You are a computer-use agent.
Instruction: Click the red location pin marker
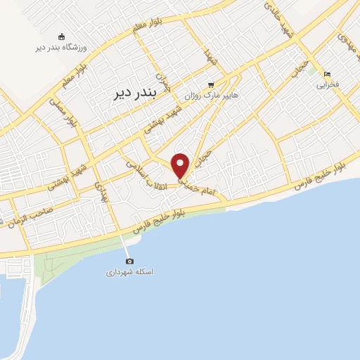(181, 165)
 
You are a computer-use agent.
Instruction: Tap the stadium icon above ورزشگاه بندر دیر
(61, 37)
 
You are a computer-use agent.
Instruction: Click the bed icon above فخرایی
(327, 74)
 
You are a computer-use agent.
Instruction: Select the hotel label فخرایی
(327, 84)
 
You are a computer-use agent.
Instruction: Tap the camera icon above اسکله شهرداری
(129, 261)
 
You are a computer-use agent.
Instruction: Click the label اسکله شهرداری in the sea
(129, 271)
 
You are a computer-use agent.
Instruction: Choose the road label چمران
(163, 82)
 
